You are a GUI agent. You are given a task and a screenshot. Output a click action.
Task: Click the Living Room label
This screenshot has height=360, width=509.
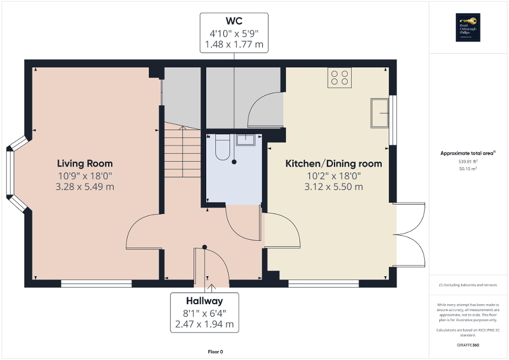coord(84,163)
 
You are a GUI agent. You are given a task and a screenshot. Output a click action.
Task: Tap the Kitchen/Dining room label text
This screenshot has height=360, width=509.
coord(333,164)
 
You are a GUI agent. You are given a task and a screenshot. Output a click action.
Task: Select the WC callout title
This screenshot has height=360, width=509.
coord(234,22)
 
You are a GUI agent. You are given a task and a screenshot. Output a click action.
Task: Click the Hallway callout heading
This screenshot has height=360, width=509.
coord(204,301)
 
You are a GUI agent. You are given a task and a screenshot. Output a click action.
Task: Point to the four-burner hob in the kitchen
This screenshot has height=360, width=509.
coord(339,77)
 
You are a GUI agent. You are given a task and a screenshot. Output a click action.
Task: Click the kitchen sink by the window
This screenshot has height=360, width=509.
coord(379,113)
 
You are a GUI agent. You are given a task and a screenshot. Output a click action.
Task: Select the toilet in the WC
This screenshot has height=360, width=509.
coord(222,147)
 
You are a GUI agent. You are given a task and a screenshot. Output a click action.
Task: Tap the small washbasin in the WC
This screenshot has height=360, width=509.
coord(245,140)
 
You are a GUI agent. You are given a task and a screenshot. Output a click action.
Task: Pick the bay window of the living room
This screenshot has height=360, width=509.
coord(15,175)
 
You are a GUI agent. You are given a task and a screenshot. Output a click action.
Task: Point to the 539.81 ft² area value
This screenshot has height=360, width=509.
coord(468,162)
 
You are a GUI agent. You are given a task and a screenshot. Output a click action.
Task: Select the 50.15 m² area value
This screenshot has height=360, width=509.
coord(468,169)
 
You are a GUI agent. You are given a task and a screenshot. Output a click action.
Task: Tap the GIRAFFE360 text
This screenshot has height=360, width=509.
coord(468,345)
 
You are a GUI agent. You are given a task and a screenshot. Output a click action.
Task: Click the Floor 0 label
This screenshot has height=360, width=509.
coord(215,352)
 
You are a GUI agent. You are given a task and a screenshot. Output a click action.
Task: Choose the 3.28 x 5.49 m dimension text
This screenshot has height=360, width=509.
coord(84,187)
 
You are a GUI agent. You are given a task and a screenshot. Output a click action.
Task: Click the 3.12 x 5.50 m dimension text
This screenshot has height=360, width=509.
coord(333,187)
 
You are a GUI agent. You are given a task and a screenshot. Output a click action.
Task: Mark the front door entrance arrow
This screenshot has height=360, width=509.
coord(212,287)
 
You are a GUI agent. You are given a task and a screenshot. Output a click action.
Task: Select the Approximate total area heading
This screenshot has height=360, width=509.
coord(468,153)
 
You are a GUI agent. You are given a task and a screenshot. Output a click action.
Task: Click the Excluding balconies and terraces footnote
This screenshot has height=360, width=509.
coord(468,285)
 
